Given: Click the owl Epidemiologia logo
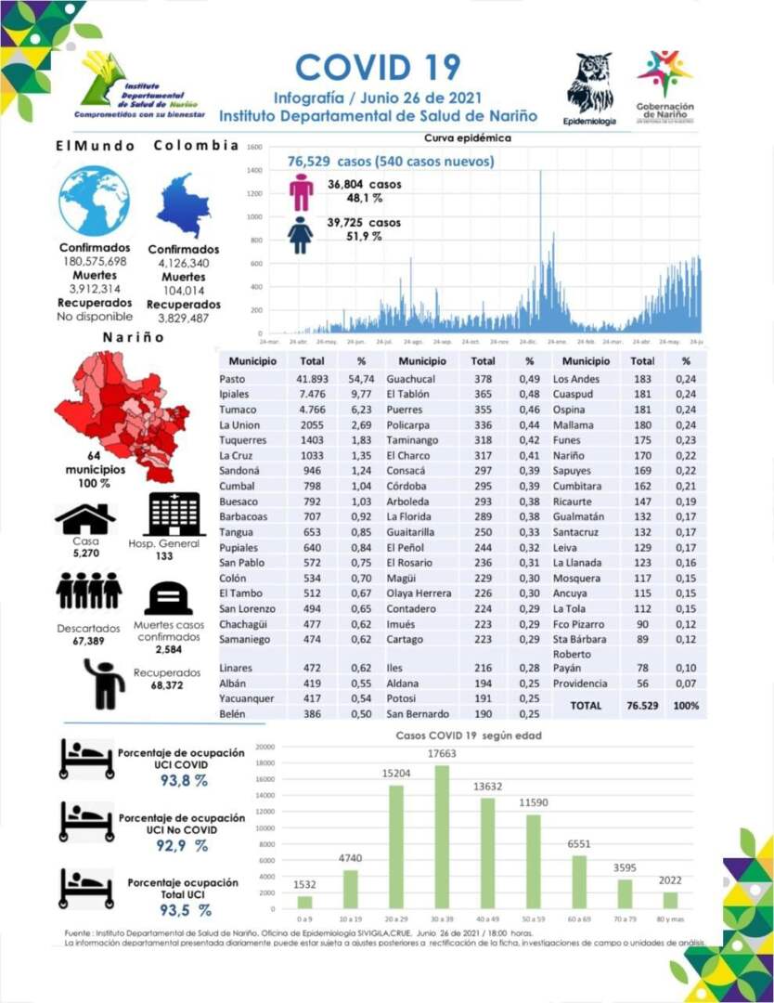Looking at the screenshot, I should (x=589, y=84).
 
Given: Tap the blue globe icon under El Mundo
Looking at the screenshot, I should (x=95, y=200).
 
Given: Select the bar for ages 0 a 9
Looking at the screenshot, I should (x=304, y=901).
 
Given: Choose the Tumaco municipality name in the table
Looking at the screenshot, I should (x=238, y=410).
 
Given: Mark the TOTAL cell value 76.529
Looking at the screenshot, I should (x=642, y=706).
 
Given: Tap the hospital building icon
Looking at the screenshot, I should (x=175, y=514).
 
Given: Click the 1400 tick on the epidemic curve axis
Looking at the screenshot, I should (x=254, y=171).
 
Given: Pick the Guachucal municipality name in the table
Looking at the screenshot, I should (x=411, y=379).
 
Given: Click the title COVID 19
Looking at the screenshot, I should (x=378, y=67).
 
